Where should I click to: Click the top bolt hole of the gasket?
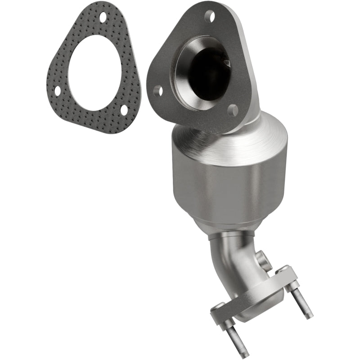click(x=103, y=18)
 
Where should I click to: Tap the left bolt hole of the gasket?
click(x=58, y=91)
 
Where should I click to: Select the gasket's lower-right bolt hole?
click(x=124, y=109)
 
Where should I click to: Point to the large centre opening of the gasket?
click(x=95, y=72)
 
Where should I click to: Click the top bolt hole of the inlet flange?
click(x=209, y=17)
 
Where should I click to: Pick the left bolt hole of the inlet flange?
click(x=158, y=91)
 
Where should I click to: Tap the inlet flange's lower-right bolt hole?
click(x=233, y=110)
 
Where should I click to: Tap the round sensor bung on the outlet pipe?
click(x=264, y=260)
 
